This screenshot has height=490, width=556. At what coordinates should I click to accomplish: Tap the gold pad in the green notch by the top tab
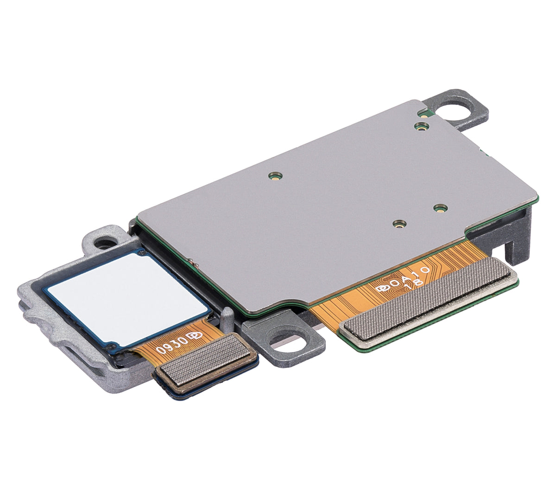423,113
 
